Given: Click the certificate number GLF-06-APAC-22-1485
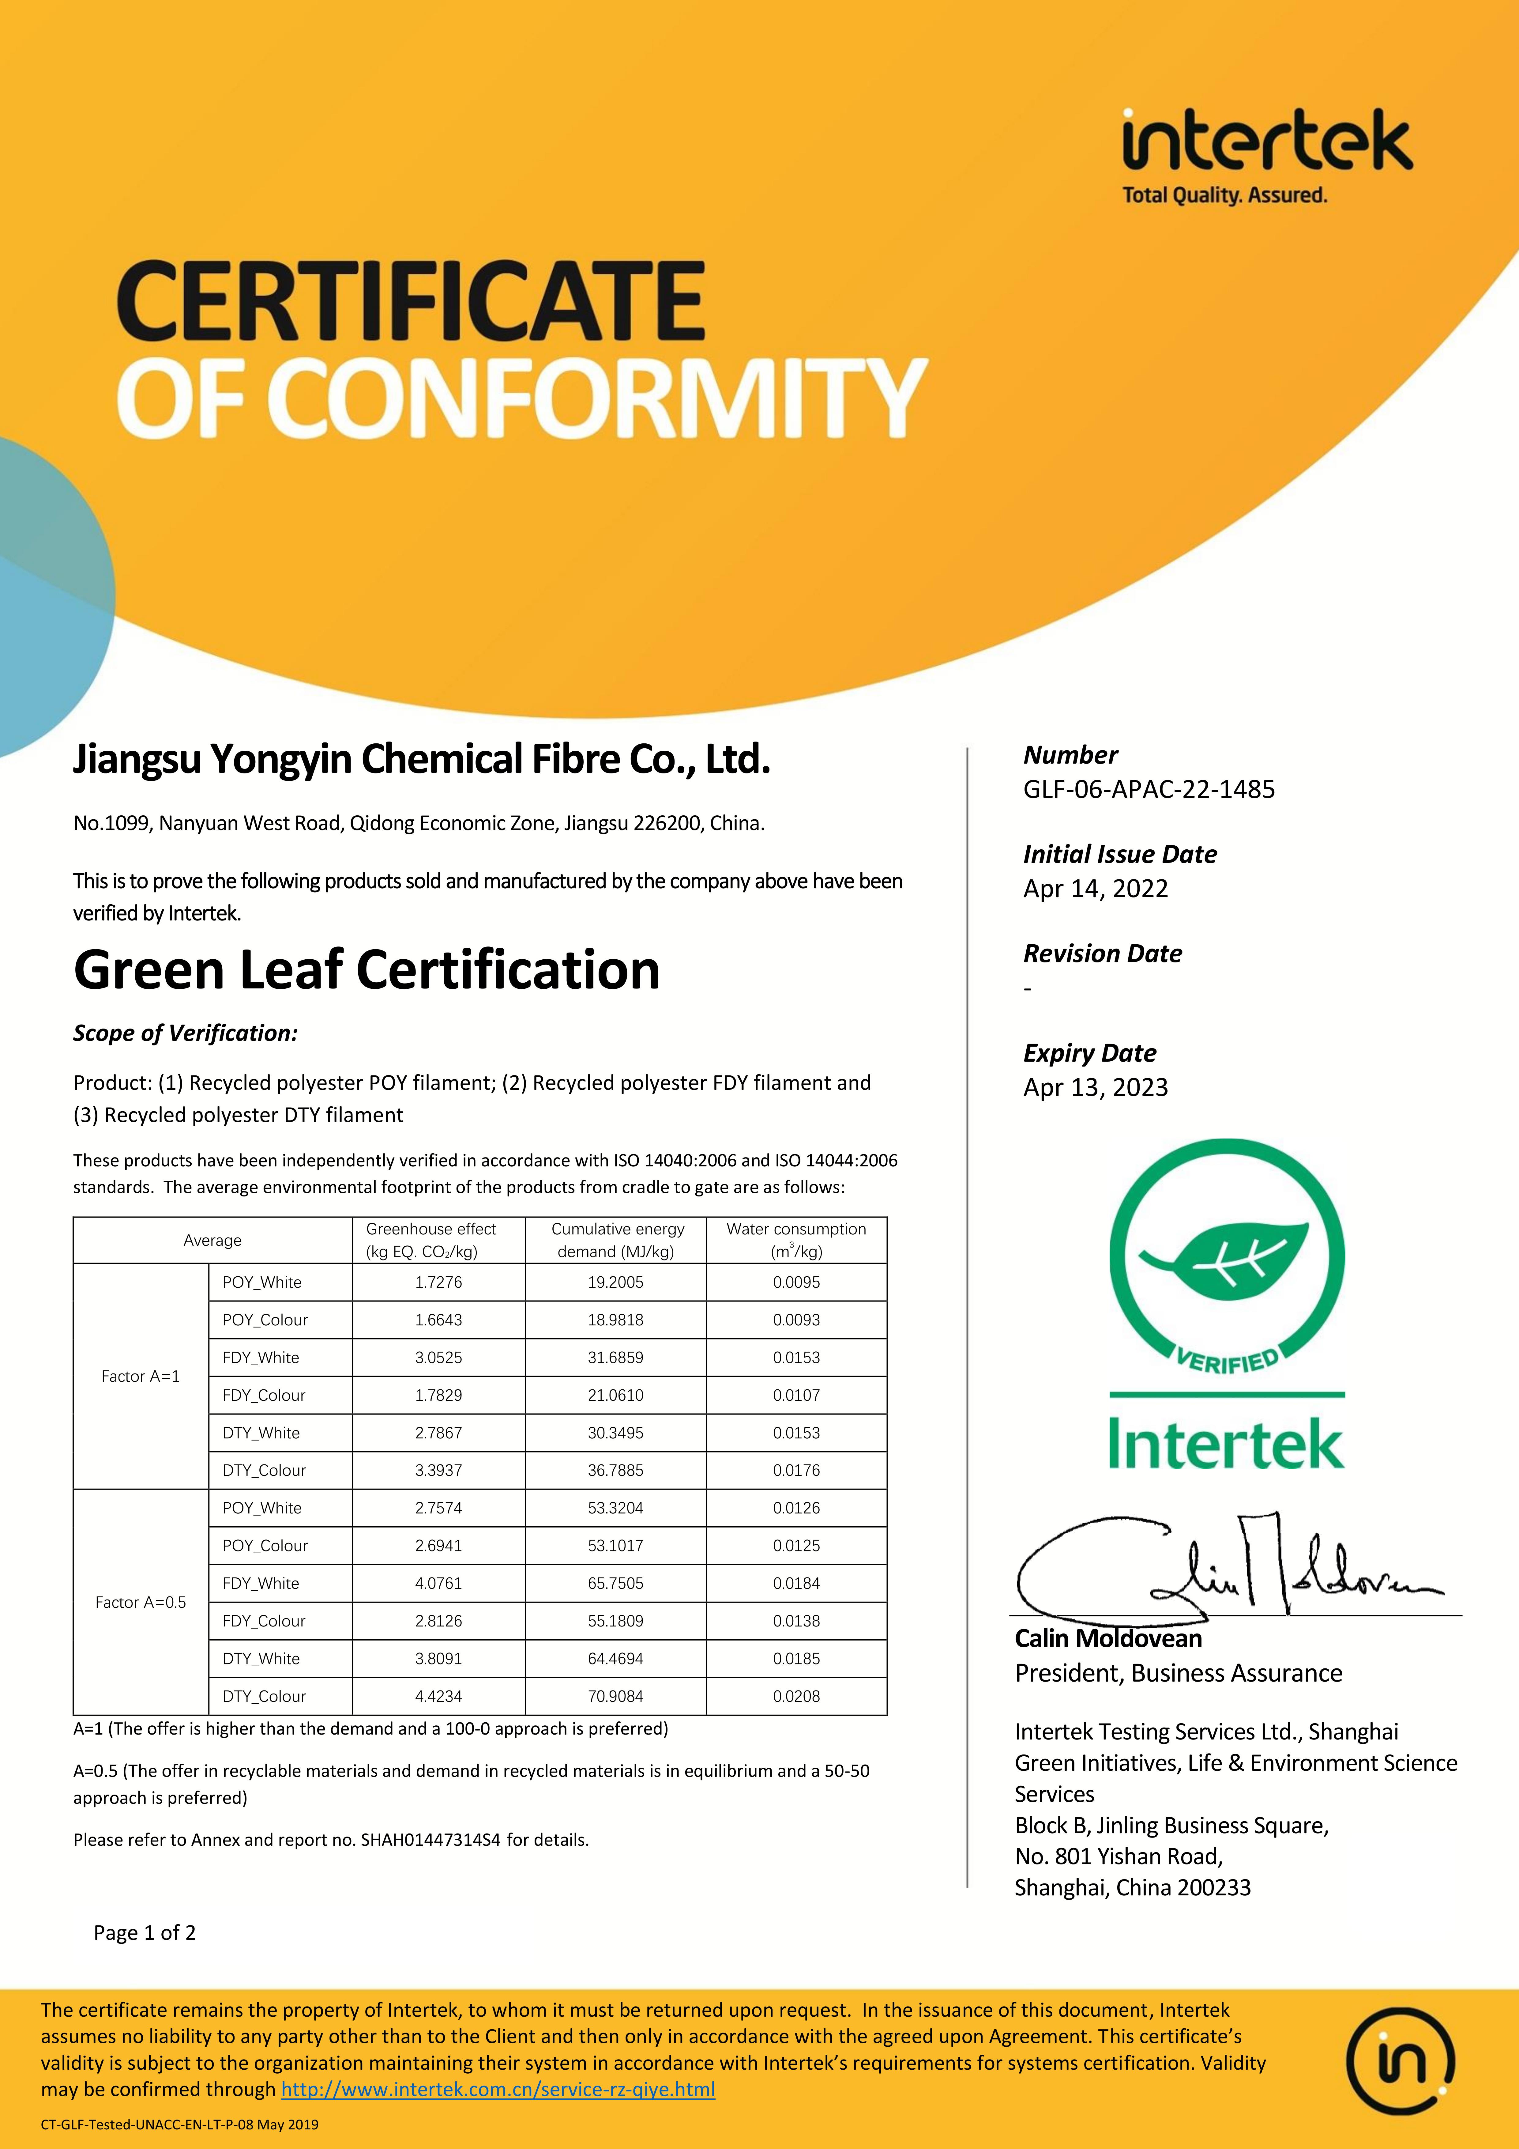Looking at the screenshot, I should click(1149, 789).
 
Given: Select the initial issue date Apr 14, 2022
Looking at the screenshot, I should click(1095, 888).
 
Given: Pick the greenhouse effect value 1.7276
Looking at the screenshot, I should click(438, 1282).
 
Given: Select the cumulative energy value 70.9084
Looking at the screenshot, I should click(615, 1696).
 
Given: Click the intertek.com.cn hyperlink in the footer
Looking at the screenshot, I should click(498, 2089).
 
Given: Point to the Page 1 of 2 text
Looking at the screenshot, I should click(145, 1933).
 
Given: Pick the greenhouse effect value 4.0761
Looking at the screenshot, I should click(438, 1583).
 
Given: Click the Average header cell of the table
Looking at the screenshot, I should click(212, 1240).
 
